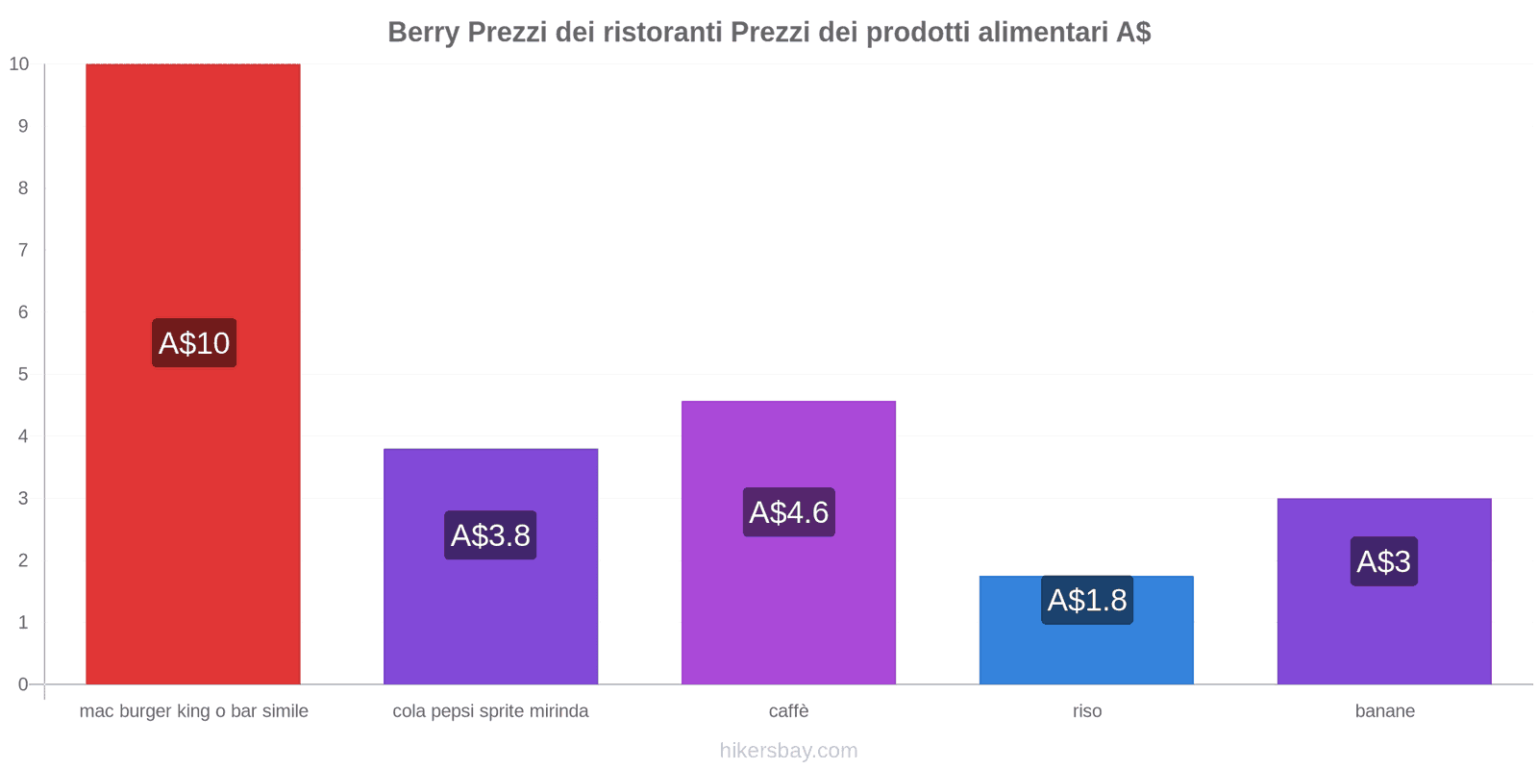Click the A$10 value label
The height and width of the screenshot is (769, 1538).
194,343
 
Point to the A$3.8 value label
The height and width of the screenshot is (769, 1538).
490,535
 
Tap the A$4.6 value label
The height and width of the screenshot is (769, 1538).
788,512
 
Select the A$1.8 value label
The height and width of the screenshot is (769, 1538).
1087,600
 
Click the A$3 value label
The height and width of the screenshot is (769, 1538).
1384,561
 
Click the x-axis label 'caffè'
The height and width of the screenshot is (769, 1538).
788,711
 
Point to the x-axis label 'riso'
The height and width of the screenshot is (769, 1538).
1087,711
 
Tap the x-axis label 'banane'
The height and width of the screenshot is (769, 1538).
1384,711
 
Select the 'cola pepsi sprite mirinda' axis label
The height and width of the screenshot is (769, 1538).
490,711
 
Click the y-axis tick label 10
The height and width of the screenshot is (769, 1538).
19,64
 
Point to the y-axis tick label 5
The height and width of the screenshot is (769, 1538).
23,374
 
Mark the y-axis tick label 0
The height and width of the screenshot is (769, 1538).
23,684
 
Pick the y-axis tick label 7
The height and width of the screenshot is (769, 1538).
23,250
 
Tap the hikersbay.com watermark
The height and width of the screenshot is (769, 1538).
788,751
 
